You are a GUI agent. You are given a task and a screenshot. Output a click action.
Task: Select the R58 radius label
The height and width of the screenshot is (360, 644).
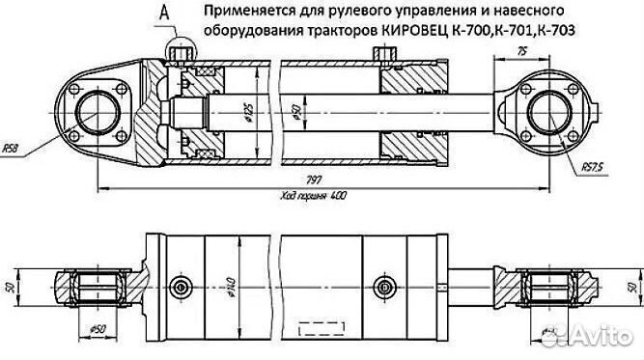13,149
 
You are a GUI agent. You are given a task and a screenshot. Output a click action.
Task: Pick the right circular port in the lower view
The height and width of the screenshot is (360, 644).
384,287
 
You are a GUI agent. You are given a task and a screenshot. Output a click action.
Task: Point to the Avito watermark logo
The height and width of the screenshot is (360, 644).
589,336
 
